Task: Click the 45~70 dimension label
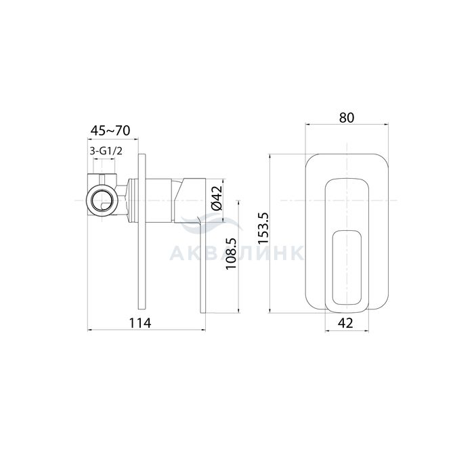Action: pyautogui.click(x=110, y=131)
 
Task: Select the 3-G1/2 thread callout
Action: pyautogui.click(x=106, y=151)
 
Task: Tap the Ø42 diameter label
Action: pyautogui.click(x=217, y=198)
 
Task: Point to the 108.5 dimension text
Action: pyautogui.click(x=232, y=254)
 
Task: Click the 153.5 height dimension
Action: pyautogui.click(x=263, y=228)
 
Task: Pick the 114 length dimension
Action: pyautogui.click(x=140, y=323)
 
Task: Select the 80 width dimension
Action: pyautogui.click(x=347, y=118)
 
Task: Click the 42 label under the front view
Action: pyautogui.click(x=345, y=323)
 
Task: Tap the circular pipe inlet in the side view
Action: pyautogui.click(x=102, y=200)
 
